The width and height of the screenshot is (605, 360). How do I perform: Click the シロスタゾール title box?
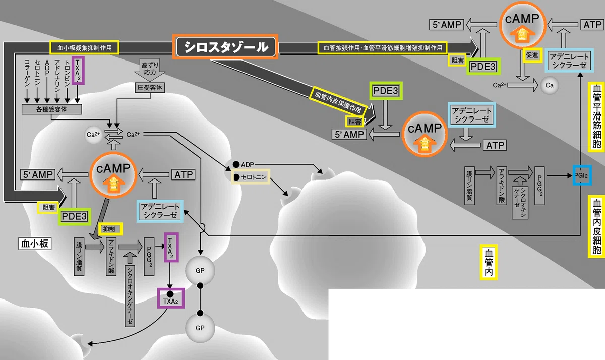pos(225,47)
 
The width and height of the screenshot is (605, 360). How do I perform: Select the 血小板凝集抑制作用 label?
pos(84,48)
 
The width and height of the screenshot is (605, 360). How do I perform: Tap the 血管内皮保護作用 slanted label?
pos(338,103)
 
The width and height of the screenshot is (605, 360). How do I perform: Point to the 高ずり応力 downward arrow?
pos(150,70)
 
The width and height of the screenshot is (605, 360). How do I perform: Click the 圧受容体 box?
pos(150,88)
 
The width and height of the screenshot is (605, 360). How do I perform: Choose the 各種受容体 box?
pos(51,109)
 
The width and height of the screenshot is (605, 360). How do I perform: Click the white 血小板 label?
pos(35,244)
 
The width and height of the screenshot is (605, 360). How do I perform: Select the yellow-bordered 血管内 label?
pos(489,262)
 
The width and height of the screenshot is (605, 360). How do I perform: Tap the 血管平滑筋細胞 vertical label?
pos(596,116)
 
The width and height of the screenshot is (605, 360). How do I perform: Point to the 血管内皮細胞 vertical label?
pos(596,226)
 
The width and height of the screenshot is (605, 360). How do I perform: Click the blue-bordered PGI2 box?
pos(582,175)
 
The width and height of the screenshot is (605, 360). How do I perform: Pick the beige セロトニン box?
pos(251,177)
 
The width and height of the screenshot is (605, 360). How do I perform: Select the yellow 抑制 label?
pos(110,229)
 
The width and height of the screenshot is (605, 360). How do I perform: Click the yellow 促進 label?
pos(532,55)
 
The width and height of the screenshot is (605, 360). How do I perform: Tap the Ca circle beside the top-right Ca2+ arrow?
pos(550,85)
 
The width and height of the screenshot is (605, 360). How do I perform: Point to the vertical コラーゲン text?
pos(27,73)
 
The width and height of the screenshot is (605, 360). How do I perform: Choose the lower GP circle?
pos(200,328)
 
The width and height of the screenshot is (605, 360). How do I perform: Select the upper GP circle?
pos(200,271)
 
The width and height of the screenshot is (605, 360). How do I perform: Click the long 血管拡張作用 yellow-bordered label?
pos(383,48)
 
